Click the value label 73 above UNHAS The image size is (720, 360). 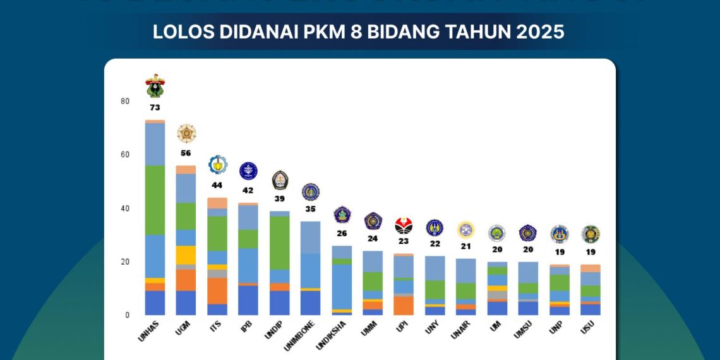point(155,108)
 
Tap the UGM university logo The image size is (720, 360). point(186,133)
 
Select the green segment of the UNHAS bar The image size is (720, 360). point(155,200)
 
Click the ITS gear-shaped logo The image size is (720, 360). point(218,165)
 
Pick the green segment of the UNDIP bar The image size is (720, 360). point(279,243)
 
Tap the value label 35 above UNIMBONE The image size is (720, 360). point(310,209)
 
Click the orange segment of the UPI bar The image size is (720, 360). point(403,305)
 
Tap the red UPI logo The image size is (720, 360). point(404,225)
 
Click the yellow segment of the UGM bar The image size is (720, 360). point(186,255)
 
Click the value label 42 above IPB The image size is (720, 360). point(248,190)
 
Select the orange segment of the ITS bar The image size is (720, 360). point(218,291)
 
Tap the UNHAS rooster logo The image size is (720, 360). point(155,86)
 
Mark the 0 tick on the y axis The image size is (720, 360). point(128,315)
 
